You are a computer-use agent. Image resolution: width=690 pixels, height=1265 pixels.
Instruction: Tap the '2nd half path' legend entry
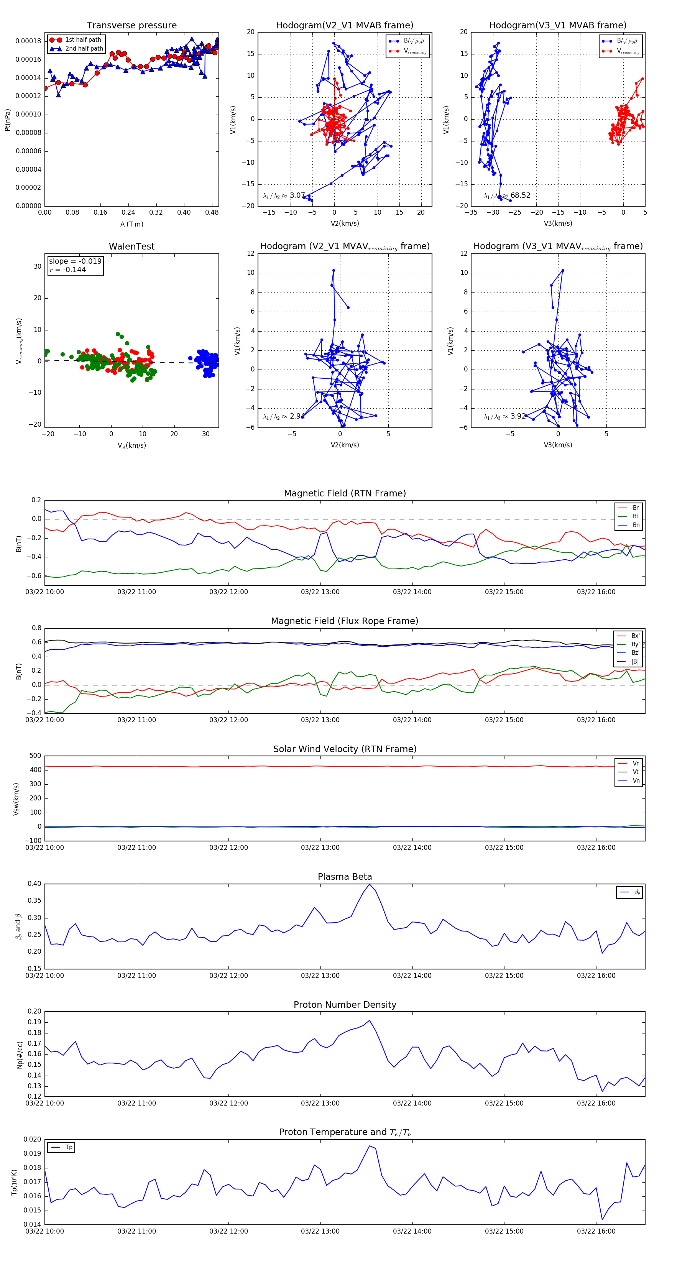[84, 49]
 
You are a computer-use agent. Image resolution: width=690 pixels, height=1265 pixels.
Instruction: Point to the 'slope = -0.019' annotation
[75, 261]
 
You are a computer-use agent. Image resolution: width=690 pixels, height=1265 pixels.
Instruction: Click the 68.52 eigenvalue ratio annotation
[520, 195]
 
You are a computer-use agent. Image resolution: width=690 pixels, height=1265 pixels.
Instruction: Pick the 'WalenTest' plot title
[131, 246]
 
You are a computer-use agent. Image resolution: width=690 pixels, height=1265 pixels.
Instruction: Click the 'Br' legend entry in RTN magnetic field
[635, 508]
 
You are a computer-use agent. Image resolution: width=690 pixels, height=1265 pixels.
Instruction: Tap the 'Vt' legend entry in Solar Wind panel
[636, 772]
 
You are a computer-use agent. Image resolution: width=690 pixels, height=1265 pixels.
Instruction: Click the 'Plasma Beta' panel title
[345, 877]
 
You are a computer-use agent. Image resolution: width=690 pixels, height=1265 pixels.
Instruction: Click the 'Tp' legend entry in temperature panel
[69, 1147]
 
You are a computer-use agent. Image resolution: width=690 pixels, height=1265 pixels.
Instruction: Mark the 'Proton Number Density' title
[345, 1005]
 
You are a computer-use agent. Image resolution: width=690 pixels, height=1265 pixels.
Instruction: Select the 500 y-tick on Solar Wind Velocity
[35, 756]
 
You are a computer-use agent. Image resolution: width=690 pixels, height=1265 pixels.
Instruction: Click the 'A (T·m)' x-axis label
[131, 224]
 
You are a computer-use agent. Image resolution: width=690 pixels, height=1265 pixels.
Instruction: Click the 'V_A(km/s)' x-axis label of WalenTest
[131, 445]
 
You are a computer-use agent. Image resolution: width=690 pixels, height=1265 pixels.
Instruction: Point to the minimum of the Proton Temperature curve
[603, 1219]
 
